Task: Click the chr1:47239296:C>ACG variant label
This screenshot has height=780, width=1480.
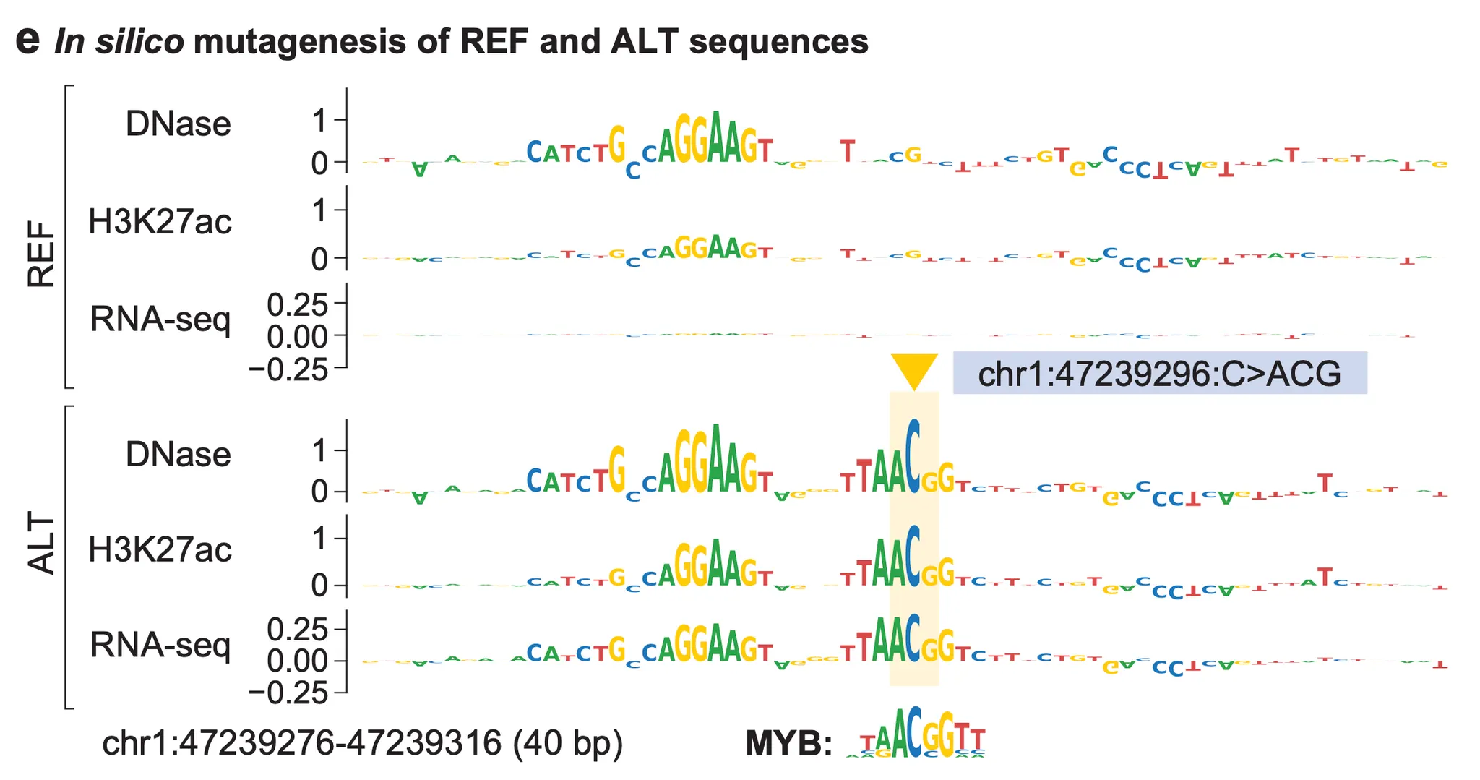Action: (1159, 374)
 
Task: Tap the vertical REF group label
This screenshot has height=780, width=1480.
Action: (41, 254)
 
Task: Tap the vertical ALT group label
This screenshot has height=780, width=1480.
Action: (41, 544)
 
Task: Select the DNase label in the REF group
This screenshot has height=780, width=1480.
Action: (178, 124)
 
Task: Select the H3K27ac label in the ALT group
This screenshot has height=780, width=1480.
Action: (160, 550)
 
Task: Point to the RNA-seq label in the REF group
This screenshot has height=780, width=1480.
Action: (160, 319)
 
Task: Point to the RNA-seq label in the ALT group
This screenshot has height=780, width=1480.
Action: (160, 645)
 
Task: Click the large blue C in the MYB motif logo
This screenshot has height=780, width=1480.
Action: (915, 732)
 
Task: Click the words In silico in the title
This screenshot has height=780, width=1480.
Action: (119, 42)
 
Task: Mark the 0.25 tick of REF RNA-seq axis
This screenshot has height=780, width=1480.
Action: (297, 305)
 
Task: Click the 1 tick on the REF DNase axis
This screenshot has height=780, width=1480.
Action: (319, 121)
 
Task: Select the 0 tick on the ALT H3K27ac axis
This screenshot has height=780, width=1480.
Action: (319, 585)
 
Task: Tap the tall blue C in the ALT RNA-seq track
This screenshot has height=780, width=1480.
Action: (914, 639)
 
